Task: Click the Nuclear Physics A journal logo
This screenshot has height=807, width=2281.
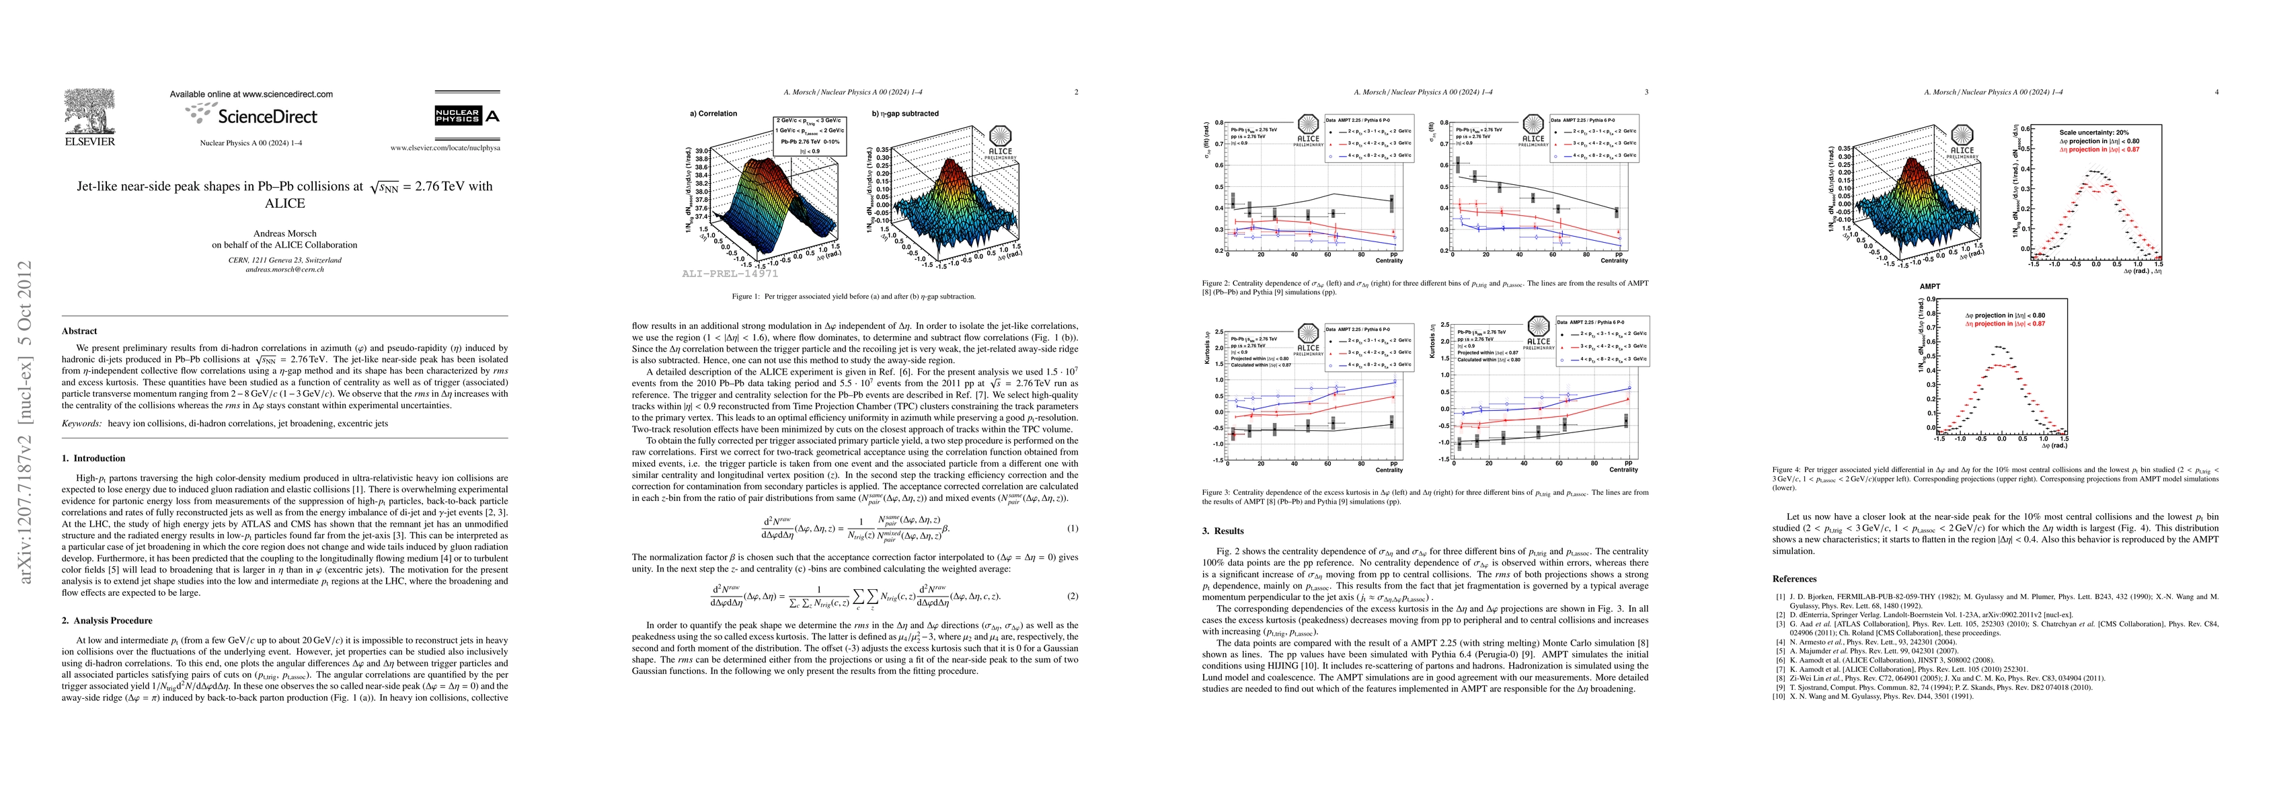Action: pos(467,116)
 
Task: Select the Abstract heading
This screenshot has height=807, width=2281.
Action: pos(80,330)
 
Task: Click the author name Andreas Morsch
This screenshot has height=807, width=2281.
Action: pos(284,234)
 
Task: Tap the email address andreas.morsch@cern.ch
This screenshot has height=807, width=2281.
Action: pos(284,269)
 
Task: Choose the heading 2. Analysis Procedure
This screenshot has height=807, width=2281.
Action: pos(107,620)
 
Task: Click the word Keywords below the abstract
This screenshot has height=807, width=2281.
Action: pos(81,424)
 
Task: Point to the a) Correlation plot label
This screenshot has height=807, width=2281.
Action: pos(713,114)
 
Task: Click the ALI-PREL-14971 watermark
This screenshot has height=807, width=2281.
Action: pos(730,274)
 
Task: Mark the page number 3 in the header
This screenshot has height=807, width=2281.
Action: pos(1646,91)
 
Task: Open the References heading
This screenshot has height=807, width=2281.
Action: pos(1794,578)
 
